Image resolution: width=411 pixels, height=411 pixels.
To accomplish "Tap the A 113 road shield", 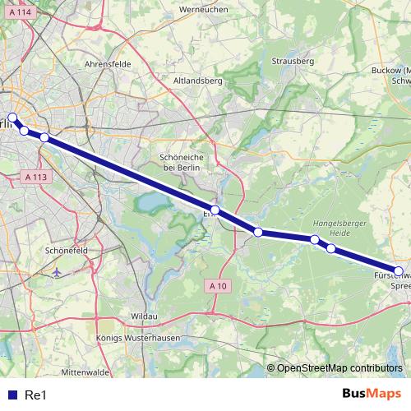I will (35, 176).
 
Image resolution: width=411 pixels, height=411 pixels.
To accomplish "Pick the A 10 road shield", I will (216, 284).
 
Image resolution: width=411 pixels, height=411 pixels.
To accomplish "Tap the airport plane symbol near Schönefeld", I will (56, 270).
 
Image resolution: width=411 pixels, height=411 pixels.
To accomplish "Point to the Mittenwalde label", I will (85, 372).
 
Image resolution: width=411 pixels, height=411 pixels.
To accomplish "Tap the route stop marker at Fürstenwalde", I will (399, 271).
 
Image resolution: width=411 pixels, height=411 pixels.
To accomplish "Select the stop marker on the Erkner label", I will (215, 210).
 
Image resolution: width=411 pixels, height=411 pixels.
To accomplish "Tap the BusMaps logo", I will (372, 395).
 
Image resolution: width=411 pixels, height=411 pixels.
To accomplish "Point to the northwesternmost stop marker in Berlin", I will (12, 117).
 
